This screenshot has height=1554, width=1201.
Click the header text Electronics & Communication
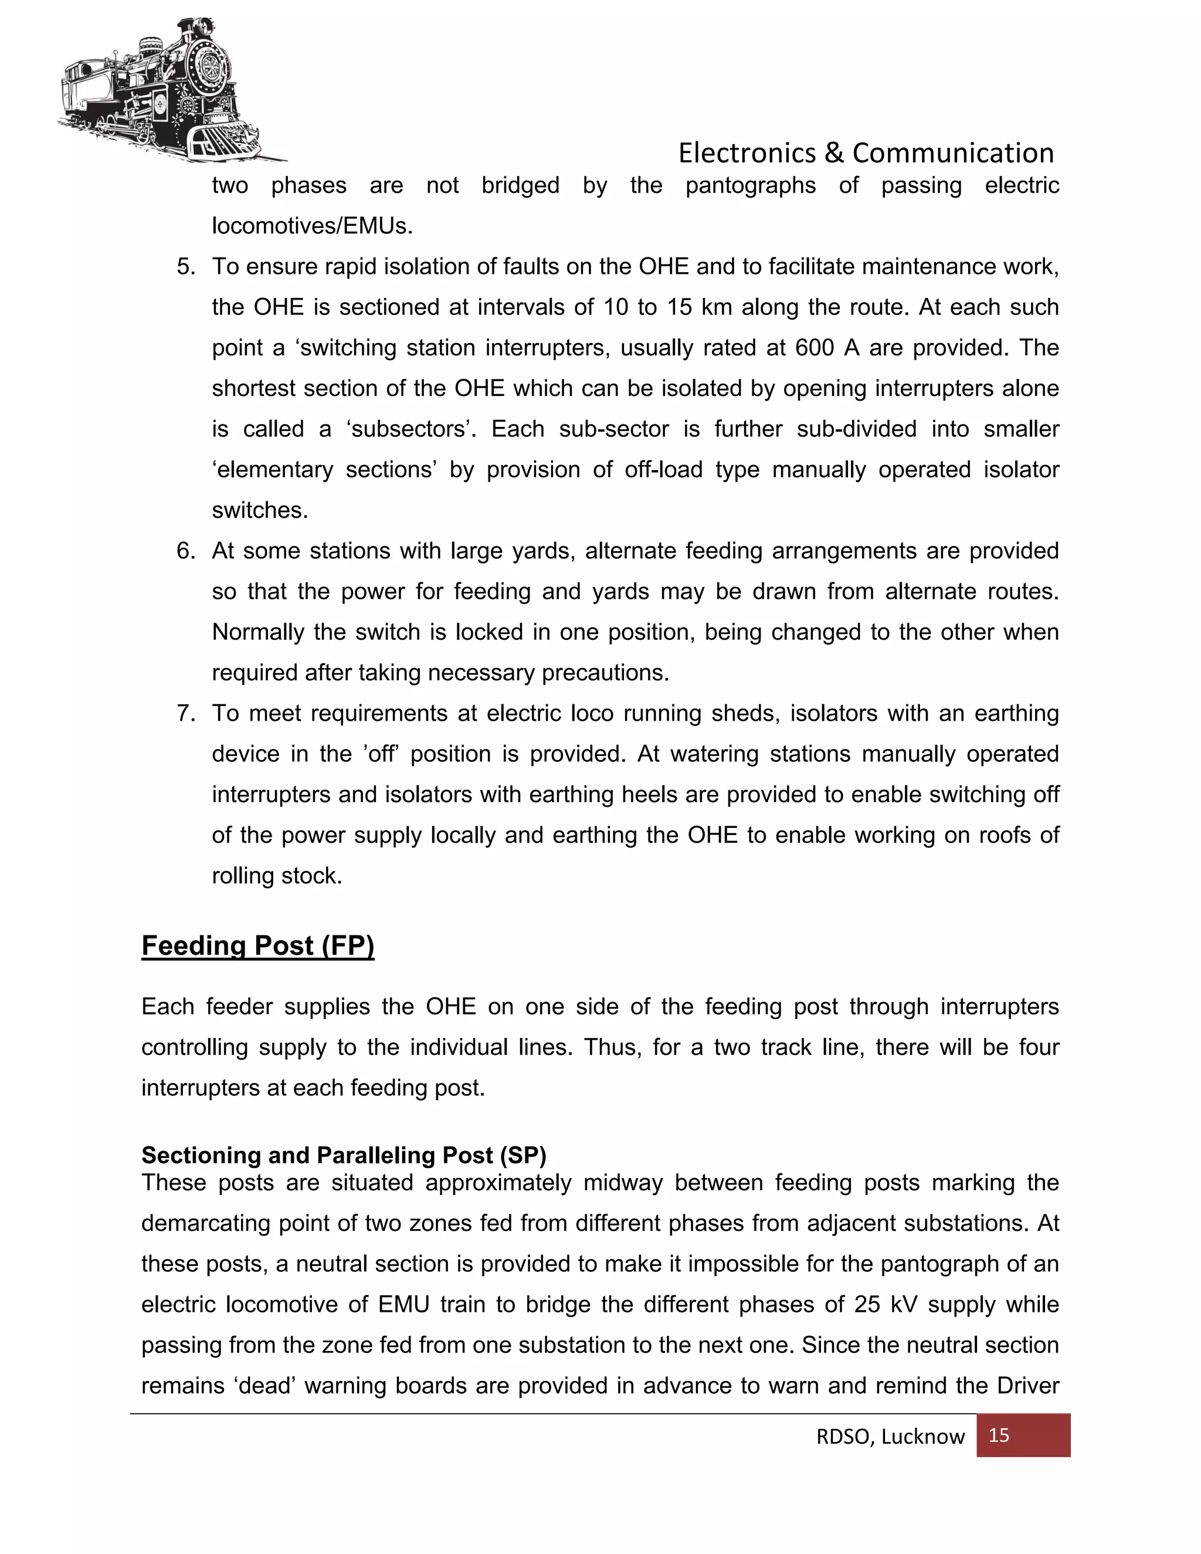[x=865, y=153]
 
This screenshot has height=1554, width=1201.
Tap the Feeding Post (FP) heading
[x=257, y=946]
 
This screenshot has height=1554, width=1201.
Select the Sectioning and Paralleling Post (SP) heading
[x=344, y=1155]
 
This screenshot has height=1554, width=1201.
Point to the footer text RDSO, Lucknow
[x=890, y=1437]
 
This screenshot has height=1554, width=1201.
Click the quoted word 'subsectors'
[x=411, y=429]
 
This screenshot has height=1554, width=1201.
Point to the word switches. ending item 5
[x=260, y=510]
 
